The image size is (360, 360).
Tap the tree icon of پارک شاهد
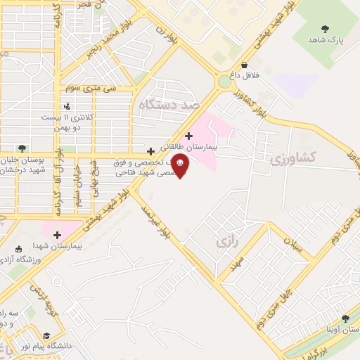[325, 28]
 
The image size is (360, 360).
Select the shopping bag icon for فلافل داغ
[244, 65]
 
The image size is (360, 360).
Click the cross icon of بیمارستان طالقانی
[188, 136]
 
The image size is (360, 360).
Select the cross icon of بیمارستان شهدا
[57, 235]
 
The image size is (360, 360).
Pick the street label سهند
[237, 264]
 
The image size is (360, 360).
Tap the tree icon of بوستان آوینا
[345, 318]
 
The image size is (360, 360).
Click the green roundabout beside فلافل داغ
[224, 82]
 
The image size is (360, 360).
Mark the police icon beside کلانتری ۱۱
[67, 106]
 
